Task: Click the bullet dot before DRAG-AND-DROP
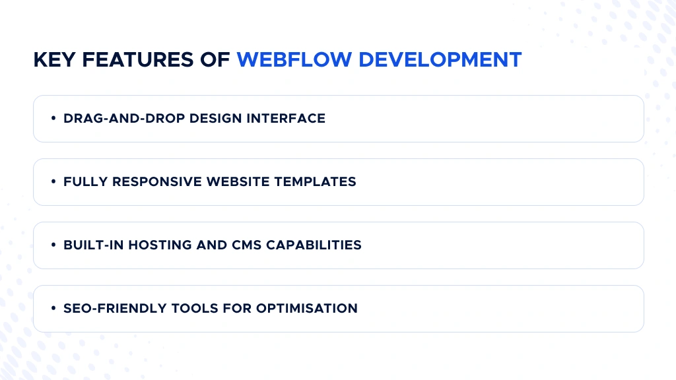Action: click(x=53, y=119)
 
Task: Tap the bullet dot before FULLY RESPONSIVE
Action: click(x=53, y=182)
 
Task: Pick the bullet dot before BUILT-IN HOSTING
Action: click(x=53, y=245)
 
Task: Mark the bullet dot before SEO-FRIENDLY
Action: click(x=53, y=309)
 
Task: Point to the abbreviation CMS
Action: click(x=244, y=245)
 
